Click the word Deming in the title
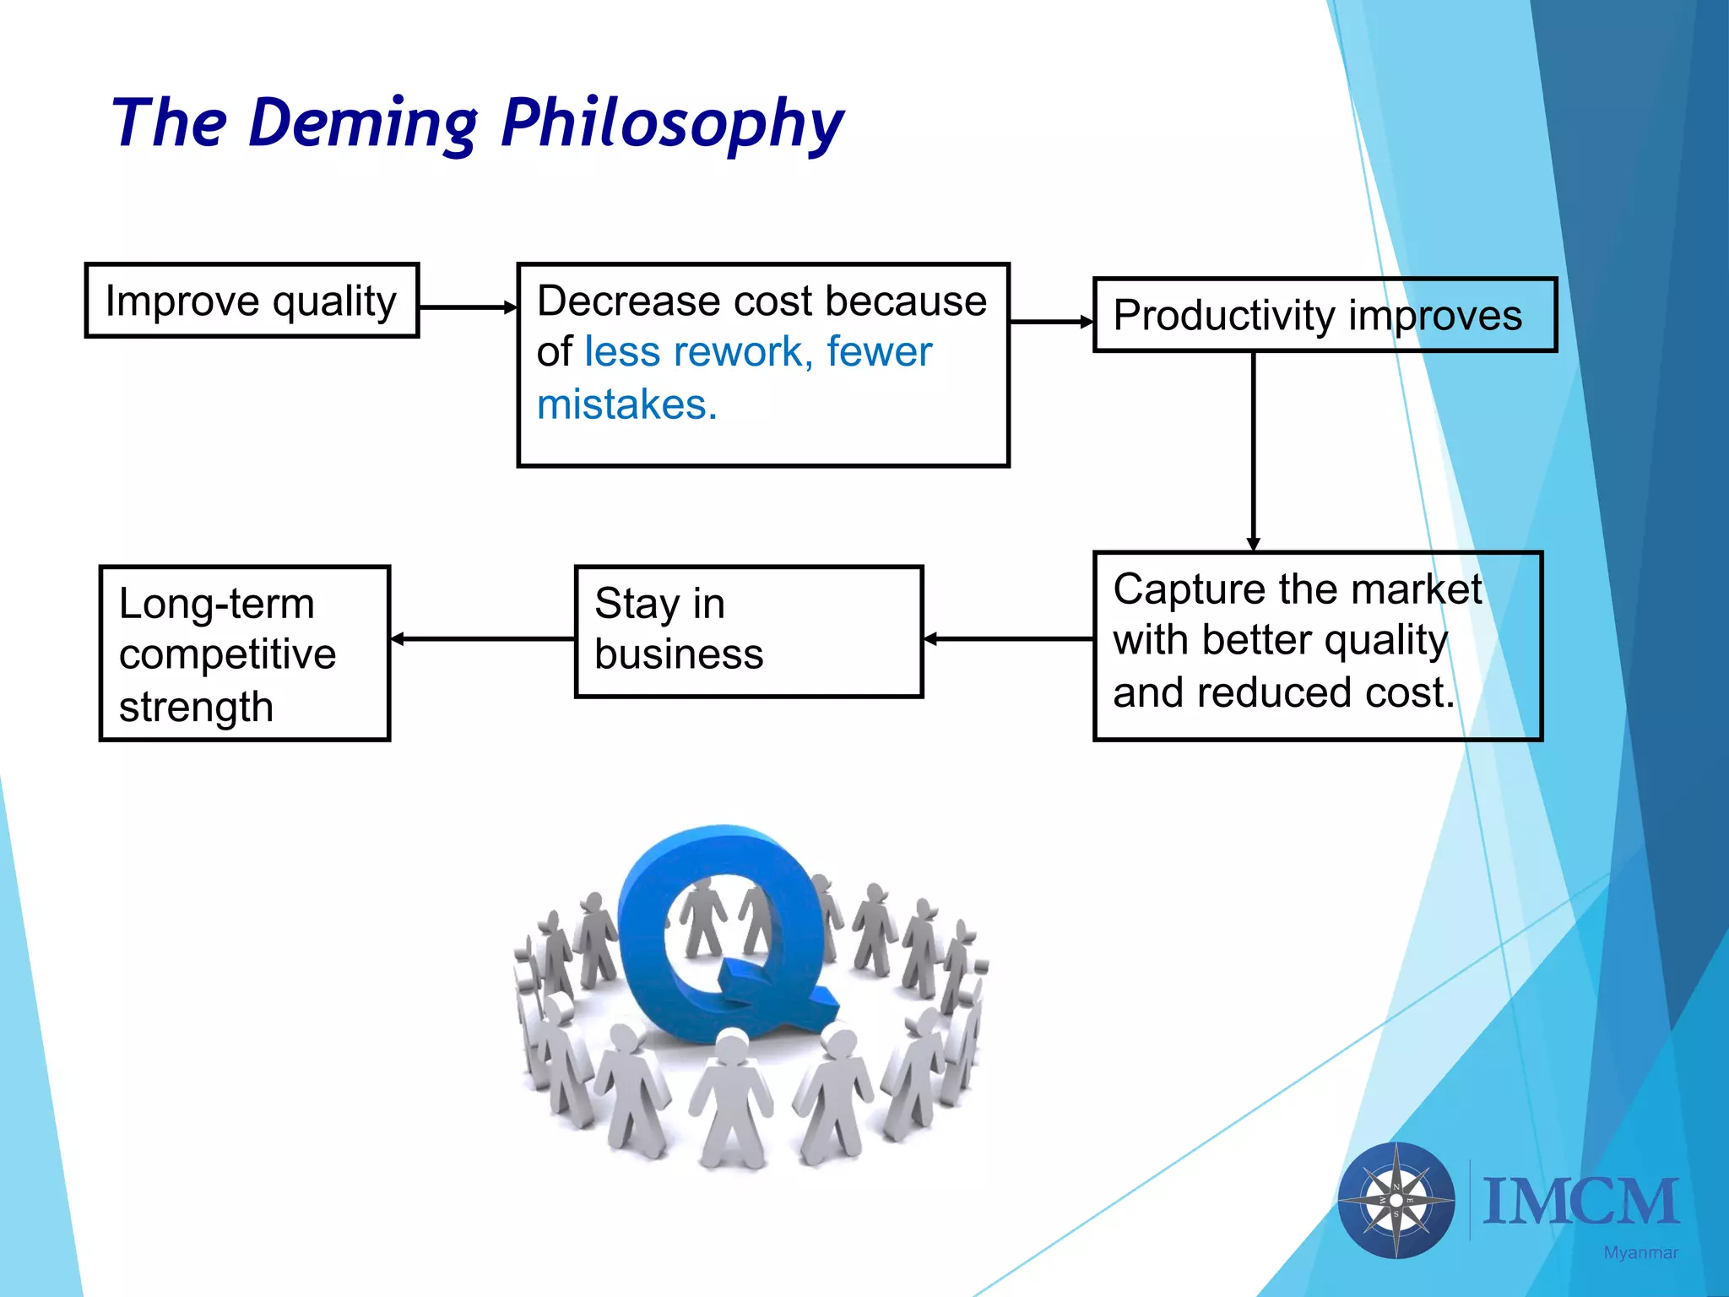coord(363,123)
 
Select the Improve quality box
coord(252,301)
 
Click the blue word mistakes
coord(626,404)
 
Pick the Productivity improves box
coord(1324,315)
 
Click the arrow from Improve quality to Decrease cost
coord(467,307)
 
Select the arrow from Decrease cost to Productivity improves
coord(1050,322)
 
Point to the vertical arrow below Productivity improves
coord(1253,452)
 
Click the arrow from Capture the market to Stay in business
coord(1008,639)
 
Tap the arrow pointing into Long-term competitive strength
coord(482,639)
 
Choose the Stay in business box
coord(748,632)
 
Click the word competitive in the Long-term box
coord(227,654)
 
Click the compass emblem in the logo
coord(1396,1200)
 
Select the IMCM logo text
coord(1580,1202)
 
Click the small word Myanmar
coord(1640,1253)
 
